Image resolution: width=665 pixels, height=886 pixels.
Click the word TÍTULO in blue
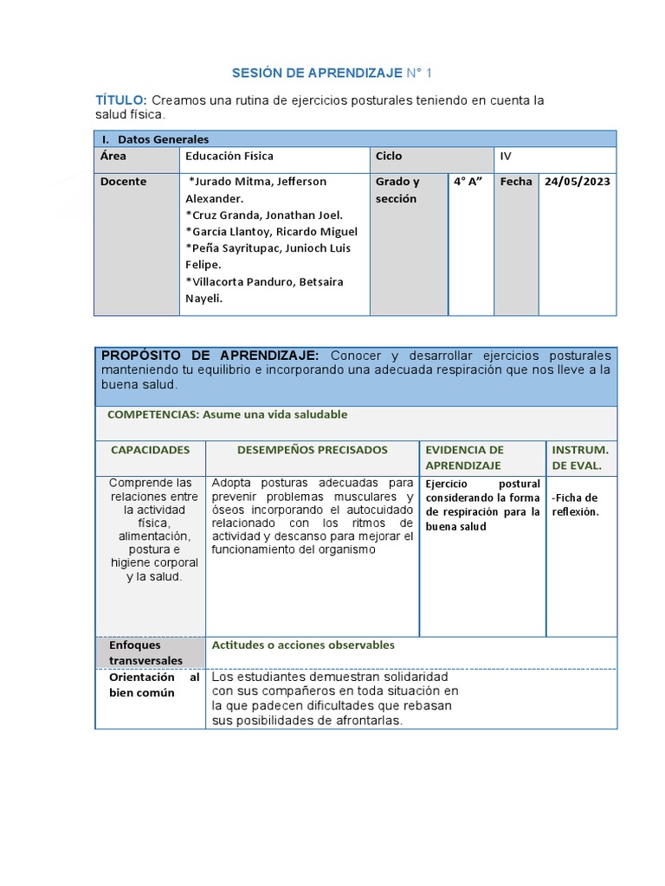[x=120, y=101]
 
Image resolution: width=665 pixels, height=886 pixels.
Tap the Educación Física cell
[x=229, y=157]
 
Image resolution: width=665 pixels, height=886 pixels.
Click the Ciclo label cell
[x=389, y=157]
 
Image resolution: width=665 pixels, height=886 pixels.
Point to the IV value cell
[x=507, y=157]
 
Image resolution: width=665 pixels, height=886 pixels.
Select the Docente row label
[x=123, y=182]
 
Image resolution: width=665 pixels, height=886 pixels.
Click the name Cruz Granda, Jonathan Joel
[x=264, y=215]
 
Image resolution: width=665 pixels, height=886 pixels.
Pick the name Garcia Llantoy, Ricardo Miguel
[x=271, y=232]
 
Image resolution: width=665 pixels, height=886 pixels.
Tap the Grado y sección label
[x=397, y=190]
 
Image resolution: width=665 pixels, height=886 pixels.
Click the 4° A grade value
[x=468, y=182]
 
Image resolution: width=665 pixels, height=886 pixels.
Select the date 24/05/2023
[x=578, y=182]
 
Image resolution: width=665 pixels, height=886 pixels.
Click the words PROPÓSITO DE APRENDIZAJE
[x=210, y=356]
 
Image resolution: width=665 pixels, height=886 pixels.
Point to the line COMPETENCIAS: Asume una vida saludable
[x=227, y=414]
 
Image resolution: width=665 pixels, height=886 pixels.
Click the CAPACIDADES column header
[x=150, y=451]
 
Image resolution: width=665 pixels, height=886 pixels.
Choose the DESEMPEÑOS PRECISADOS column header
[x=313, y=451]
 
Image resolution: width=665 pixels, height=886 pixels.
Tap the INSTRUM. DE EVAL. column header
[x=580, y=458]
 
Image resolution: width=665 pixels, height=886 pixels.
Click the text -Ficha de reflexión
[x=575, y=504]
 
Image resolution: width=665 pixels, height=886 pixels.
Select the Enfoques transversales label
[x=145, y=652]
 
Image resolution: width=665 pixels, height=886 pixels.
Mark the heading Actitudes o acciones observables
[x=303, y=645]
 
